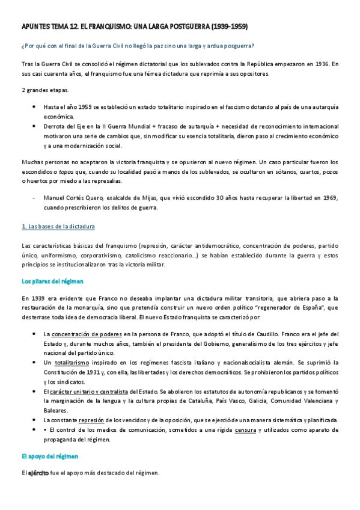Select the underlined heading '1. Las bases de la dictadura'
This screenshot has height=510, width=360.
(x=58, y=227)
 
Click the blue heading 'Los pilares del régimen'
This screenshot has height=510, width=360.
(x=52, y=281)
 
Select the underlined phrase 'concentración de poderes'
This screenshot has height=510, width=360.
(x=87, y=334)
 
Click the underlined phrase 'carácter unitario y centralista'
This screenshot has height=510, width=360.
(x=90, y=392)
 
